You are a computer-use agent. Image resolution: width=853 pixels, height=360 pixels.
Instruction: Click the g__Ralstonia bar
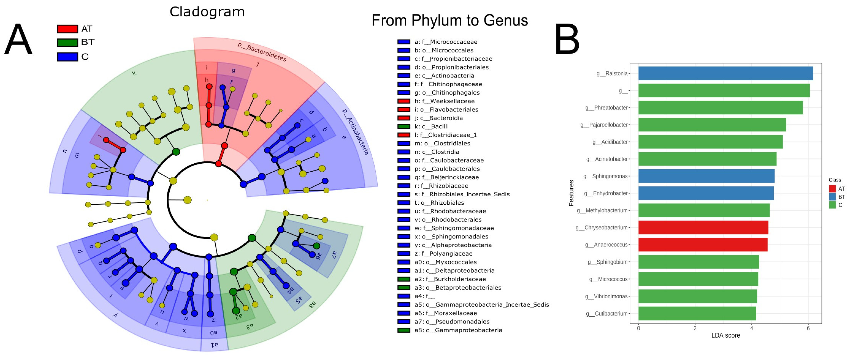point(725,73)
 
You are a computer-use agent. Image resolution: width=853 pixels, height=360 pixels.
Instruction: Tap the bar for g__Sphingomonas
point(706,176)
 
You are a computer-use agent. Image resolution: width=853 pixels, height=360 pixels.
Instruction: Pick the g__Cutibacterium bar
point(697,313)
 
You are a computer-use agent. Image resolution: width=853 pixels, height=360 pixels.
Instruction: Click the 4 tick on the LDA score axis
point(751,328)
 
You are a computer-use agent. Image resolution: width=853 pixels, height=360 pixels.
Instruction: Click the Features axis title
point(571,193)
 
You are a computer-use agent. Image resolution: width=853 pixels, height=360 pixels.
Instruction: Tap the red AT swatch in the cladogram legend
point(67,29)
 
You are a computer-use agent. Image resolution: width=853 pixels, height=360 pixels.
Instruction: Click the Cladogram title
point(207,12)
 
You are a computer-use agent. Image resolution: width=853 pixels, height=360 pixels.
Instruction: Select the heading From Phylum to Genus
point(449,20)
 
